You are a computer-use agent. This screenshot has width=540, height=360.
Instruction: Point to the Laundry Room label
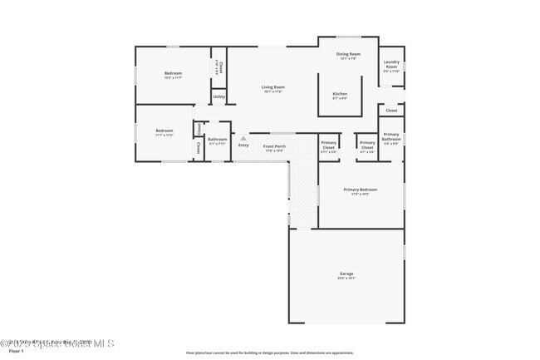(x=390, y=64)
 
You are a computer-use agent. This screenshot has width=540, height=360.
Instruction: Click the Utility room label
(x=218, y=97)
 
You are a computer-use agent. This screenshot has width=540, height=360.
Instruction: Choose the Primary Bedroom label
(x=361, y=190)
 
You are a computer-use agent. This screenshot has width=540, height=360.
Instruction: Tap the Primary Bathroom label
(x=390, y=136)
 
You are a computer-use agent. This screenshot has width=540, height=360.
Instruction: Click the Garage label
(x=346, y=274)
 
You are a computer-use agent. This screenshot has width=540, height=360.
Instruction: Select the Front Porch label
(x=274, y=146)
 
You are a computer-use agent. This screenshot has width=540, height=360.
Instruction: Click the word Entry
(x=243, y=146)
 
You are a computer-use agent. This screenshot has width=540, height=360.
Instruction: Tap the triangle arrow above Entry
(x=243, y=139)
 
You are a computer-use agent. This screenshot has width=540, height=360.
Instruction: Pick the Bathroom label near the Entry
(x=218, y=139)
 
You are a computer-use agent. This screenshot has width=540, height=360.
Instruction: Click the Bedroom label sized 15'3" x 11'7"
(x=173, y=73)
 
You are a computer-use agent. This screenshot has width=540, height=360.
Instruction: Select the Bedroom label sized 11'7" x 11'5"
(x=164, y=131)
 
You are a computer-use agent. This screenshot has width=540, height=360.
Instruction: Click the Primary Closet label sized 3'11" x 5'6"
(x=329, y=145)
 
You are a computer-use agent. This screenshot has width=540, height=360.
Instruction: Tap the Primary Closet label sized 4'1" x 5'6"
(x=367, y=145)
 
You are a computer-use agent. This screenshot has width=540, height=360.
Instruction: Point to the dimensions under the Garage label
(x=346, y=279)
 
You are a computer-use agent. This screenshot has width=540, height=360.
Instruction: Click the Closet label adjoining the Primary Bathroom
(x=391, y=110)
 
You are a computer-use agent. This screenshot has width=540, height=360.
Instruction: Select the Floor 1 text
(x=9, y=352)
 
